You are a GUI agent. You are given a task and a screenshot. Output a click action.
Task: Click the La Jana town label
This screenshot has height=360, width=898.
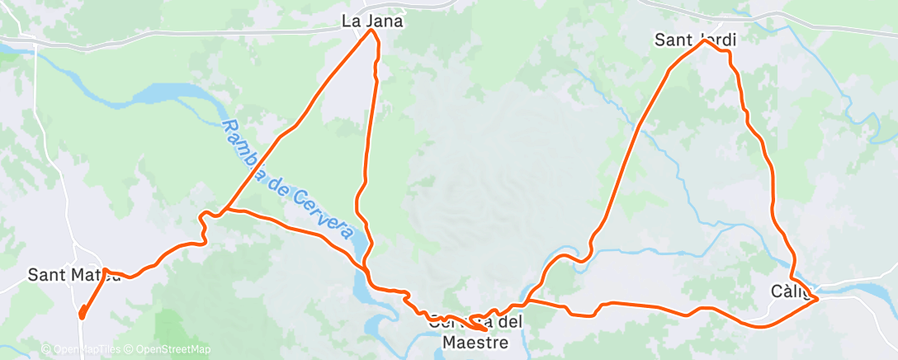point(372,21)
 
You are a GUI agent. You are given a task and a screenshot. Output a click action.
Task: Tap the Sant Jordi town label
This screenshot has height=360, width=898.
point(694,39)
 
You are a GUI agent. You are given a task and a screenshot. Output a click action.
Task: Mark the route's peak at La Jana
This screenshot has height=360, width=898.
point(371,32)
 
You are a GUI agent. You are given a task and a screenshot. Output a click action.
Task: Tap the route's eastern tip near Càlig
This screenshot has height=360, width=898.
point(817,298)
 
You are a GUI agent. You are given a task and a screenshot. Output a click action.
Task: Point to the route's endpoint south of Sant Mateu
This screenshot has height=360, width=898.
point(82,315)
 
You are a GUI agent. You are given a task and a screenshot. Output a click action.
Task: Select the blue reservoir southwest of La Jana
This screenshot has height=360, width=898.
point(165,94)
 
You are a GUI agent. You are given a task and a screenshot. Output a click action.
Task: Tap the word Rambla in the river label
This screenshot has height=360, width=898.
point(241,148)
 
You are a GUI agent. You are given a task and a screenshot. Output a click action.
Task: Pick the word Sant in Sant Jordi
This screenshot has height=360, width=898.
point(672,39)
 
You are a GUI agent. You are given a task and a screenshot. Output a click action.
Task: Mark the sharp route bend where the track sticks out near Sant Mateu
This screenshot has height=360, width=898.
point(106,271)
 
